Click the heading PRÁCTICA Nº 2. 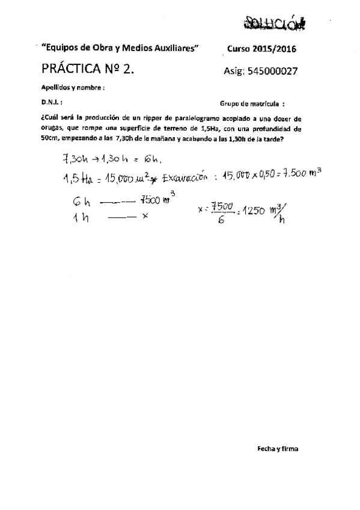click(x=87, y=69)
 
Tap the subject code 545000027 click(x=260, y=70)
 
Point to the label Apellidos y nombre click(x=73, y=87)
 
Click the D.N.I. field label click(x=52, y=102)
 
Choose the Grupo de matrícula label click(x=252, y=103)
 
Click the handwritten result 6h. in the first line click(x=153, y=159)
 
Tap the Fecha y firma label click(x=278, y=449)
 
